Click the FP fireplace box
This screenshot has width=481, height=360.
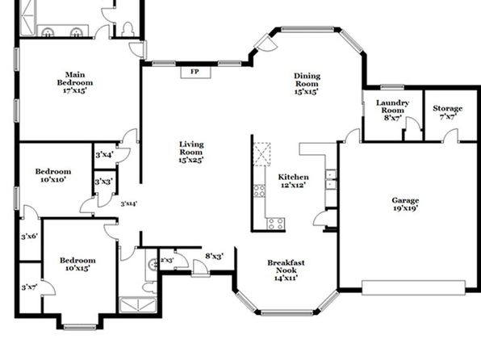pyautogui.click(x=195, y=72)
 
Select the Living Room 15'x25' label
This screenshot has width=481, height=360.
pyautogui.click(x=191, y=152)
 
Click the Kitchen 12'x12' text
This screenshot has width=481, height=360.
pyautogui.click(x=293, y=181)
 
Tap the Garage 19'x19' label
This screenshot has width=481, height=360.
pyautogui.click(x=405, y=204)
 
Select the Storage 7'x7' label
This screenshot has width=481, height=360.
pyautogui.click(x=448, y=112)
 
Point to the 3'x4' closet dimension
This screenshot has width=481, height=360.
pyautogui.click(x=104, y=155)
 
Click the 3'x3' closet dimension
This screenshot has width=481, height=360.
pyautogui.click(x=103, y=182)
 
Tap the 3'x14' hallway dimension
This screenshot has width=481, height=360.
pyautogui.click(x=128, y=203)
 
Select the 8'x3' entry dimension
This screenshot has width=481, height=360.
pyautogui.click(x=214, y=256)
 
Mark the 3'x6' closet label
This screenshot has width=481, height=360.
pyautogui.click(x=29, y=237)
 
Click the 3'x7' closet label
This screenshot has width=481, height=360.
pyautogui.click(x=29, y=287)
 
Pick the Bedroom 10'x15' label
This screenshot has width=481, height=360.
pyautogui.click(x=77, y=264)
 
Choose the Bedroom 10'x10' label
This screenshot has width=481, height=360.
pyautogui.click(x=53, y=175)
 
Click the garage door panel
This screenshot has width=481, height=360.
pyautogui.click(x=413, y=288)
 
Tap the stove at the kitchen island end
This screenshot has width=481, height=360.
pyautogui.click(x=275, y=224)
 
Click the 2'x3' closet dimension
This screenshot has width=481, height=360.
pyautogui.click(x=167, y=260)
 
